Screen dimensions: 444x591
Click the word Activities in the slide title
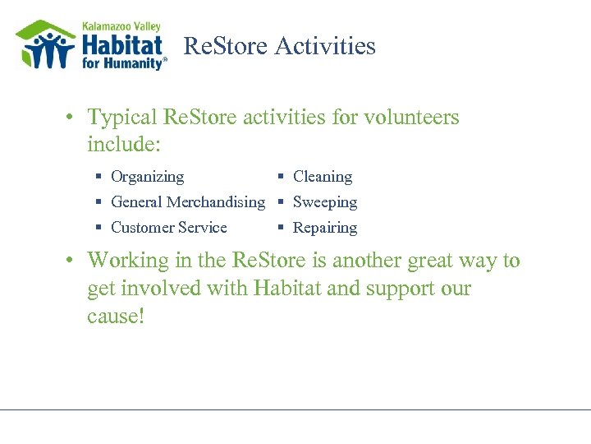point(325,46)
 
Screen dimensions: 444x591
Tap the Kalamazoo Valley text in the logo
point(121,26)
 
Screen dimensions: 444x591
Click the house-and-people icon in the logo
point(45,45)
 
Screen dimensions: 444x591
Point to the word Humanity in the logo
point(136,62)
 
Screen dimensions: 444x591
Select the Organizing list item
point(147,177)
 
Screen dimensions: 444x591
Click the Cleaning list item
point(322,177)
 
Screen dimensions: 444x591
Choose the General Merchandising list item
point(187,202)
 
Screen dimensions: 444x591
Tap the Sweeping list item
point(324,202)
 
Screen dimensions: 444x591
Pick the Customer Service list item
point(168,228)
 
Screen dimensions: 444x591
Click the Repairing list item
point(324,228)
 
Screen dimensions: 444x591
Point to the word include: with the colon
point(125,146)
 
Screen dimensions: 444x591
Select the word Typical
point(122,118)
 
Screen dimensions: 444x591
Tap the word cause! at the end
point(116,317)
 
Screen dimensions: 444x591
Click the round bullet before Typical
point(73,118)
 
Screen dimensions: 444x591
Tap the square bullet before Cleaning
point(281,177)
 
